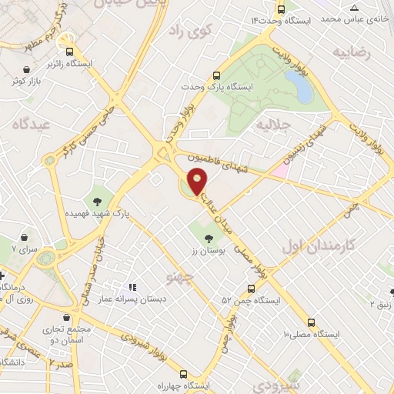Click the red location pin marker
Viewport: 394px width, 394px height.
tap(198, 180)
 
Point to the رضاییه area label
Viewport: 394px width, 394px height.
tap(352, 52)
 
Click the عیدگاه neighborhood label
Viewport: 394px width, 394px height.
tap(30, 122)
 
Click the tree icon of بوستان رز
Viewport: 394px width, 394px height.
tap(209, 237)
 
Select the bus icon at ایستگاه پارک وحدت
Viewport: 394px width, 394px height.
tap(217, 76)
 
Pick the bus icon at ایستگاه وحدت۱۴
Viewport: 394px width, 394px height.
tap(281, 10)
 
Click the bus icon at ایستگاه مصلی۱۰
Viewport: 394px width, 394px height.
tap(312, 322)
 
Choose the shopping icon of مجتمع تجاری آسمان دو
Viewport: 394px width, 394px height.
tap(68, 317)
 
